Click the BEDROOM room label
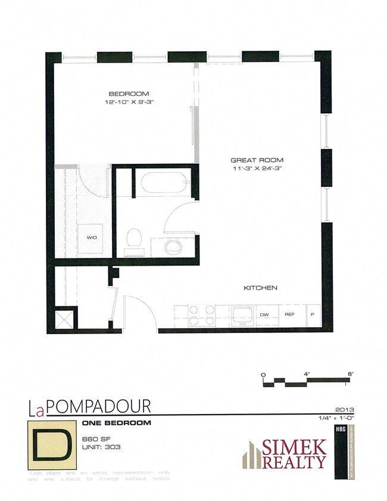tap(128, 94)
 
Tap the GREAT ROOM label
tap(257, 160)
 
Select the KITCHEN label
tap(260, 288)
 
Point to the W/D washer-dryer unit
tap(91, 238)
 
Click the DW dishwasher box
tap(264, 315)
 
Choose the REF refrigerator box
tap(290, 315)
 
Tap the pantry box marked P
tap(313, 315)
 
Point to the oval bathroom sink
tap(173, 246)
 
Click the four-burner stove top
tap(201, 315)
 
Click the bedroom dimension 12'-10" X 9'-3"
tap(129, 102)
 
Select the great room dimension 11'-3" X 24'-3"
tap(257, 169)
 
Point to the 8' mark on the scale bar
tap(351, 374)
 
